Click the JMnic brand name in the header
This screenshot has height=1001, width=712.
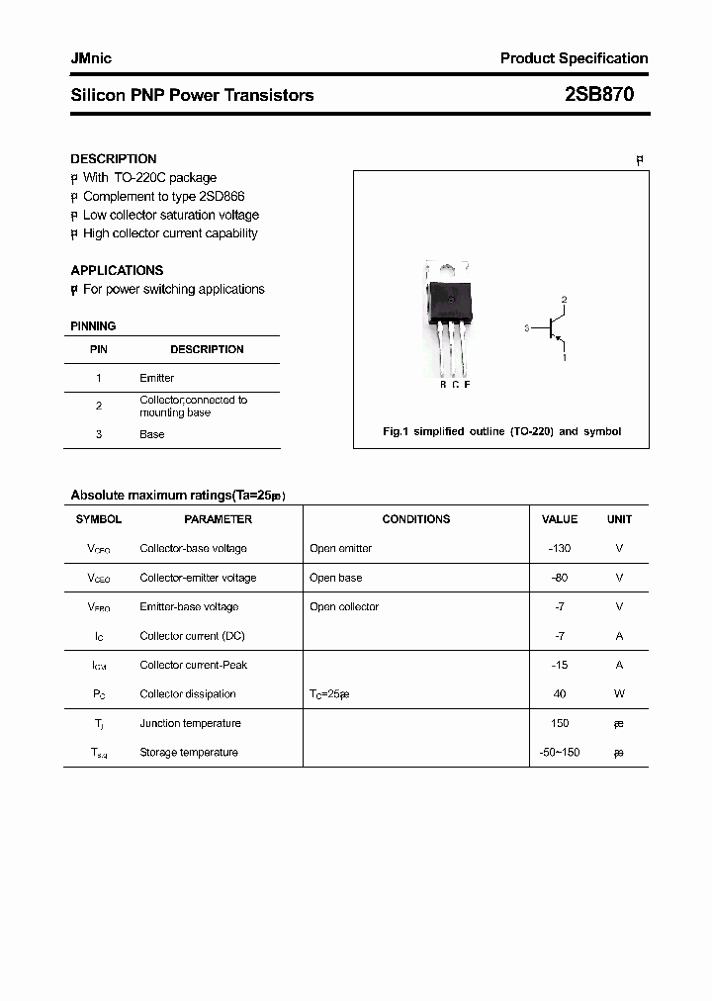[91, 58]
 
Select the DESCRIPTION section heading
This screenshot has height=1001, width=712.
[113, 159]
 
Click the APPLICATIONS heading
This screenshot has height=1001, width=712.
[117, 270]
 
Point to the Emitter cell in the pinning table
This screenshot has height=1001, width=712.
[156, 378]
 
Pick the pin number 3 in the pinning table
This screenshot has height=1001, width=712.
[99, 434]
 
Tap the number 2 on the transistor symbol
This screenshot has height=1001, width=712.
[564, 299]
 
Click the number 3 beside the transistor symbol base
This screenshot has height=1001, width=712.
[527, 327]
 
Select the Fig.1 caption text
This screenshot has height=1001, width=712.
[501, 431]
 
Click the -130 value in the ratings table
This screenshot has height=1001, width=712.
[560, 548]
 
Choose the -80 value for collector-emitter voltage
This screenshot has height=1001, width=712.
[560, 578]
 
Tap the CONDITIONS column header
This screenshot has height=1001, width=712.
[415, 519]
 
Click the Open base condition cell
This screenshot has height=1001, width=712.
[335, 578]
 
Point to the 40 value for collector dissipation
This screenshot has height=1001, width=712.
[560, 694]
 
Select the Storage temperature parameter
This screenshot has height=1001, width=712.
[188, 753]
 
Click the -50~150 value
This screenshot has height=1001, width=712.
[560, 753]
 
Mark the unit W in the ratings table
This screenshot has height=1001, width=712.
[619, 694]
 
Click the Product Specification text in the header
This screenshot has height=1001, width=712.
[574, 58]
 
